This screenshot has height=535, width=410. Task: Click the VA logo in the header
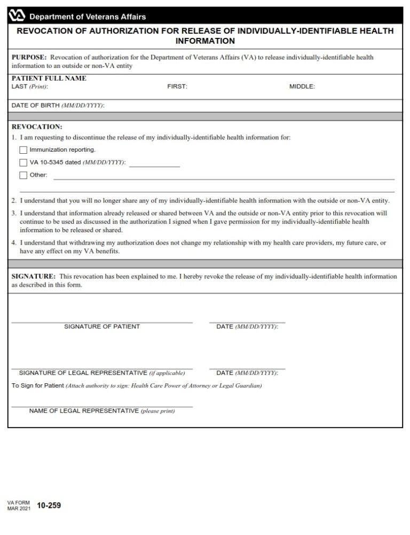pos(18,16)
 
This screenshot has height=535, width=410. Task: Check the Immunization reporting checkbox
pos(23,150)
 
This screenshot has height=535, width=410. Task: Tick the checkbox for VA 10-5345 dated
pos(23,162)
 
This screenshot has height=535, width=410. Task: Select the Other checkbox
pos(23,175)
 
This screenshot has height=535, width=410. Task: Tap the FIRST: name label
pos(177,86)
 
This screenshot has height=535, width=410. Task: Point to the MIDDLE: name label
pos(302,86)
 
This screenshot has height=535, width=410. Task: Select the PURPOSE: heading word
pos(29,57)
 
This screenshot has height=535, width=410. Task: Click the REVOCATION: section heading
pos(37,127)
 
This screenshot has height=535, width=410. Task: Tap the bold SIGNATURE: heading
pos(34,277)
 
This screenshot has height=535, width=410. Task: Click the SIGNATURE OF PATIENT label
pos(102,327)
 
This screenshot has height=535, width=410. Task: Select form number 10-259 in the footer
pos(49,506)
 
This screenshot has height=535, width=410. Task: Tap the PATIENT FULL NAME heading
pos(49,78)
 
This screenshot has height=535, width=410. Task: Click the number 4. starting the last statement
pos(14,243)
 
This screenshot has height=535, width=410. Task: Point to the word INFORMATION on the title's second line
pos(205,41)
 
